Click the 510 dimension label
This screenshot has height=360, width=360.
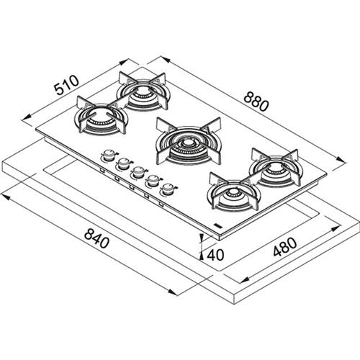pos(66,85)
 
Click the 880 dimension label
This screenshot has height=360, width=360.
pos(256,102)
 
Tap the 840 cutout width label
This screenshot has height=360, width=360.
pos(96,238)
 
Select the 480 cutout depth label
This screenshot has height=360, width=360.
pos(285,247)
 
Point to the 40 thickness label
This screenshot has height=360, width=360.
pos(215,255)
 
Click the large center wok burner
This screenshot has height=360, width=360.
pos(189,141)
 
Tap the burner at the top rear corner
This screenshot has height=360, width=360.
pos(143,91)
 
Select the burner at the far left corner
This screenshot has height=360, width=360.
pos(102,114)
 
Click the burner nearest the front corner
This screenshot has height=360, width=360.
pos(235,192)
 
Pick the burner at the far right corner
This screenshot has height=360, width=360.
pos(276,168)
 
